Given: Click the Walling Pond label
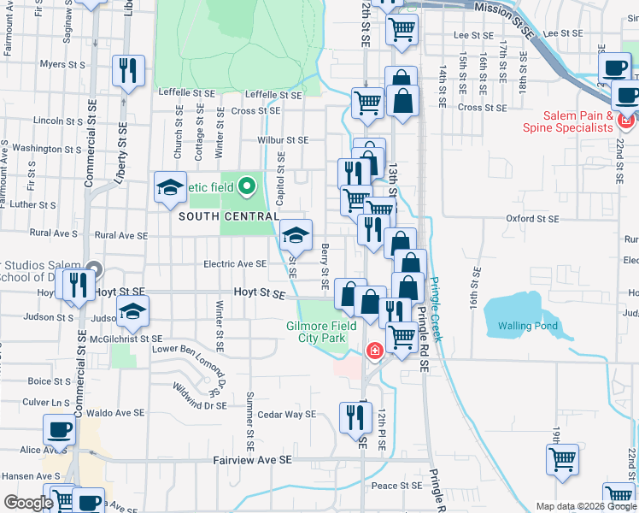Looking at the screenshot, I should [x=528, y=326].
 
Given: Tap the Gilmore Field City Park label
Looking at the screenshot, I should [x=316, y=332].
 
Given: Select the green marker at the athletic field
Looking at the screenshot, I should [x=247, y=185].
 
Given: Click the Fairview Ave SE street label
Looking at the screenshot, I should [x=252, y=460].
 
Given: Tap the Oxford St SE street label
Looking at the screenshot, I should [x=531, y=218].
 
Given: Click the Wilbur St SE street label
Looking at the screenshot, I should [x=283, y=140].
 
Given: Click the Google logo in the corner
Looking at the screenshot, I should [x=27, y=503].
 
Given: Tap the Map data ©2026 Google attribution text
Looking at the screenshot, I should [x=585, y=506].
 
